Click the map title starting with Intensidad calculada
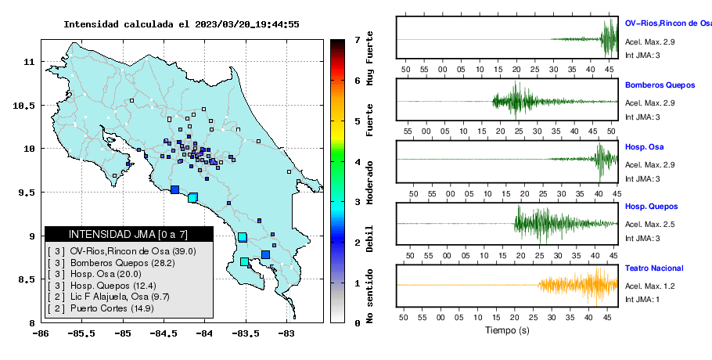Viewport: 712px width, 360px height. [x=182, y=24]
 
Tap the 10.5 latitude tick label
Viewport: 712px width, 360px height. [x=24, y=106]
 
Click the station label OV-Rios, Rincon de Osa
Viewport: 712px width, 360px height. [x=668, y=23]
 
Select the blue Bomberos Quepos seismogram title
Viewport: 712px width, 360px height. [x=660, y=85]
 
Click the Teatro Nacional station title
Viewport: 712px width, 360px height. [x=654, y=268]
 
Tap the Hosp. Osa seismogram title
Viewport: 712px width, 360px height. [x=644, y=146]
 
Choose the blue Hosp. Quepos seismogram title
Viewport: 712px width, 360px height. [x=651, y=207]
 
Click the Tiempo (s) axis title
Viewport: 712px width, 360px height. [x=507, y=330]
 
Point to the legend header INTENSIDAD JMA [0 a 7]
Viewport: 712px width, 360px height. [x=128, y=234]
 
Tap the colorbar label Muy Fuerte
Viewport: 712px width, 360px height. [x=369, y=58]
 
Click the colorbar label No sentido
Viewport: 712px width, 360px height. [x=369, y=296]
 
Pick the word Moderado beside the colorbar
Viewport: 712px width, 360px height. [x=369, y=182]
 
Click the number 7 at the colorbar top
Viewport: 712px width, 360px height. [x=358, y=40]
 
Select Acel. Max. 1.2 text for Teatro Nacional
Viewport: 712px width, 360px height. [x=649, y=286]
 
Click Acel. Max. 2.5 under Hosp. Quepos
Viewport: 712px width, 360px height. [x=649, y=225]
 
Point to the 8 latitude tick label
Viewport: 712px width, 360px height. [x=32, y=323]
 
